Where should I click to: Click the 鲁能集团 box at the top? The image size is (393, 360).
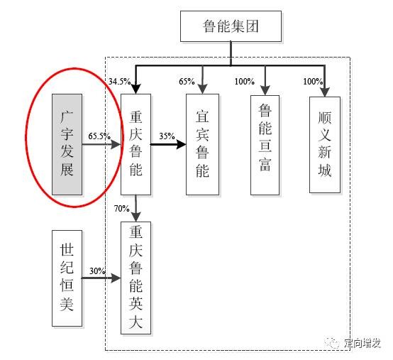[x=231, y=26]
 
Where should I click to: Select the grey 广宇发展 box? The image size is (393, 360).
[x=67, y=144]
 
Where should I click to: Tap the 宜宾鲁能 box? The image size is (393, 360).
[x=202, y=144]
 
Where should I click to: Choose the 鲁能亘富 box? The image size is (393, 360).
[x=265, y=145]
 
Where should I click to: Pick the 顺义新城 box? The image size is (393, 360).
[x=325, y=145]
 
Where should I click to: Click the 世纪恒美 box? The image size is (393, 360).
[x=67, y=278]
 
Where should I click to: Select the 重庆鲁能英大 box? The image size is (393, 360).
[x=135, y=278]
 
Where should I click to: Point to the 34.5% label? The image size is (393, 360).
[x=120, y=81]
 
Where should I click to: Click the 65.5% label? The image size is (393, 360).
[x=99, y=136]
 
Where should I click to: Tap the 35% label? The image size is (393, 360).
[x=167, y=136]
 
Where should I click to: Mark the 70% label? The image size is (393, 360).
[x=121, y=208]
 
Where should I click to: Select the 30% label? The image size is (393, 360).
[x=97, y=271]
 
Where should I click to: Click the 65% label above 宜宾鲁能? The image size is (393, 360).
[x=187, y=81]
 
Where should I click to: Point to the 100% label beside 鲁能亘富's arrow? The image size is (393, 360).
[x=245, y=81]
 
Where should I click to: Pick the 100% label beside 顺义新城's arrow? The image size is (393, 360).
[x=313, y=81]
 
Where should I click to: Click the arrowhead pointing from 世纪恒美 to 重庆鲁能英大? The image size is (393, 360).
[x=116, y=278]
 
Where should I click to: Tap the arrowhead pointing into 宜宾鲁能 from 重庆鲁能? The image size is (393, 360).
[x=182, y=144]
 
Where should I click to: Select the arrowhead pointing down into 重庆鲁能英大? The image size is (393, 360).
[x=135, y=217]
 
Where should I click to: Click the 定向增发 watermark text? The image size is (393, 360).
[x=362, y=343]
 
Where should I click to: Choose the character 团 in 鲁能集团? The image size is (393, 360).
[x=252, y=26]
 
